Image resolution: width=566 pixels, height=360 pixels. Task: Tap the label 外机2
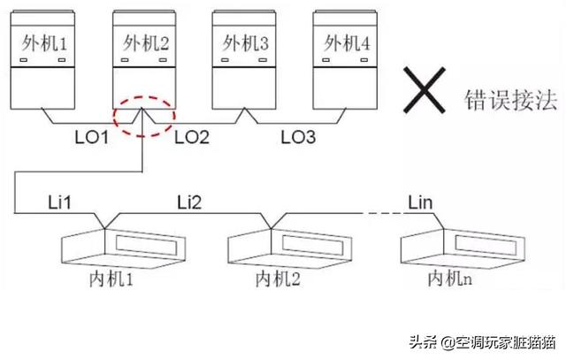143,43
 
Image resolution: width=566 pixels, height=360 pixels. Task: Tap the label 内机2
276,280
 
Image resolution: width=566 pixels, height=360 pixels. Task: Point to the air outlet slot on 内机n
482,241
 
